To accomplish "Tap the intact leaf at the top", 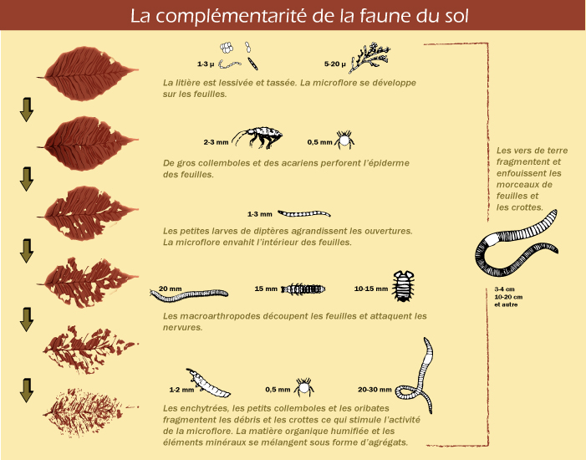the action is (88, 74).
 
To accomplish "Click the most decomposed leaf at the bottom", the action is (89, 412).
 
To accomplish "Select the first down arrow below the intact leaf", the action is (27, 110).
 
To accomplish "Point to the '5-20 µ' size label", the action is (335, 64).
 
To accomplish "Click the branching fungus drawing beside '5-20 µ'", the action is (369, 57).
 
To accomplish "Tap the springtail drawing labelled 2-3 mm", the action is (257, 138).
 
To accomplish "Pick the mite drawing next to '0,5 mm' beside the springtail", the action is (344, 140).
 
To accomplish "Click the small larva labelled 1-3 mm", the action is (304, 213).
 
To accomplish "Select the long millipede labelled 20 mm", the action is (189, 294).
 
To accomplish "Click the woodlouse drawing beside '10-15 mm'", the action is (403, 286).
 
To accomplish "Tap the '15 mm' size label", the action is (266, 289).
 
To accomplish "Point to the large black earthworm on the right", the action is (516, 243).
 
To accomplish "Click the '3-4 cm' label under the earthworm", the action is (504, 289).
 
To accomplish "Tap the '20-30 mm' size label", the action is (375, 389).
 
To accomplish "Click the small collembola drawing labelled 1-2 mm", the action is (208, 383).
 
